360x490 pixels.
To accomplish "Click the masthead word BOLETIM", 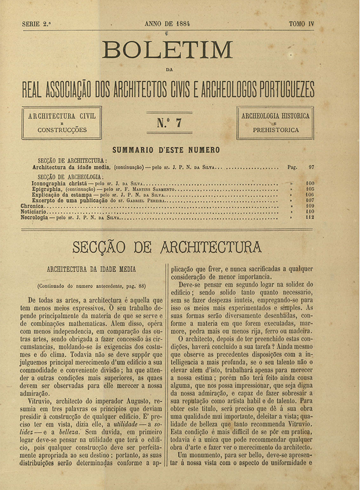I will [x=167, y=50].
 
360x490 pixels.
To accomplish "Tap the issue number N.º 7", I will [x=169, y=122].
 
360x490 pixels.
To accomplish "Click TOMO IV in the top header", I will [x=301, y=23].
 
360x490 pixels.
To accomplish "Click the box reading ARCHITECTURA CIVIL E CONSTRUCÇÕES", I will [x=62, y=122].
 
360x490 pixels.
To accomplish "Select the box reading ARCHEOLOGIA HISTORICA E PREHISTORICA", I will [x=275, y=122].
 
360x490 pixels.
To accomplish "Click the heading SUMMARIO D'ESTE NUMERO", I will [x=166, y=150].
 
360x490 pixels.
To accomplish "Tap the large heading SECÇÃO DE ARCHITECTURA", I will [x=167, y=248].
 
